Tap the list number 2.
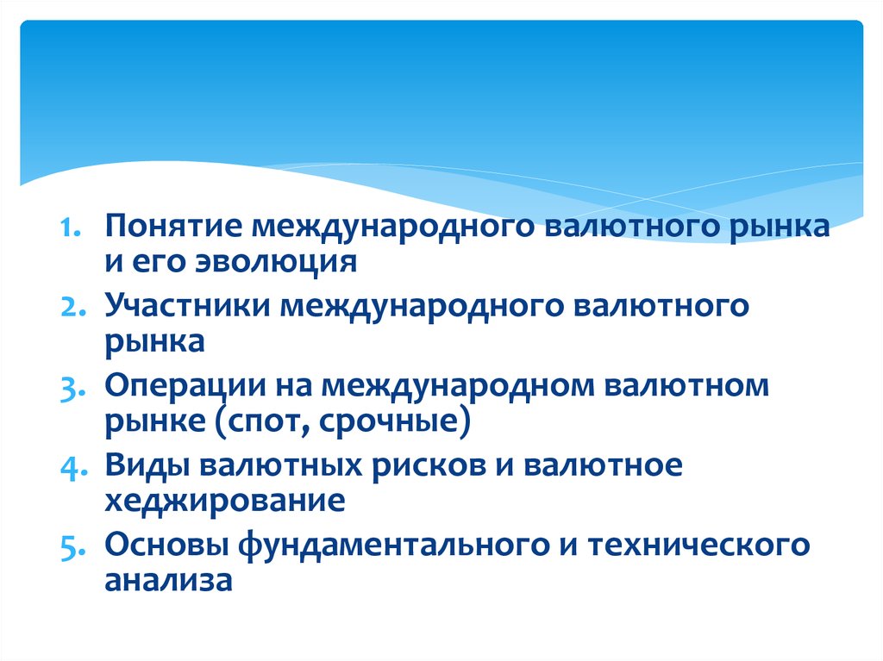tap(73, 307)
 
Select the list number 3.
tap(72, 388)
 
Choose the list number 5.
tap(72, 547)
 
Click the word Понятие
tap(173, 226)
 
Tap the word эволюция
tap(276, 262)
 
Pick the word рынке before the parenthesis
tap(155, 421)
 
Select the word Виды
tap(147, 466)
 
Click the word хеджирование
tap(225, 501)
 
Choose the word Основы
tap(166, 545)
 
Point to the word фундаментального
tap(393, 545)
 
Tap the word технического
tap(698, 545)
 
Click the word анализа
tap(168, 581)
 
